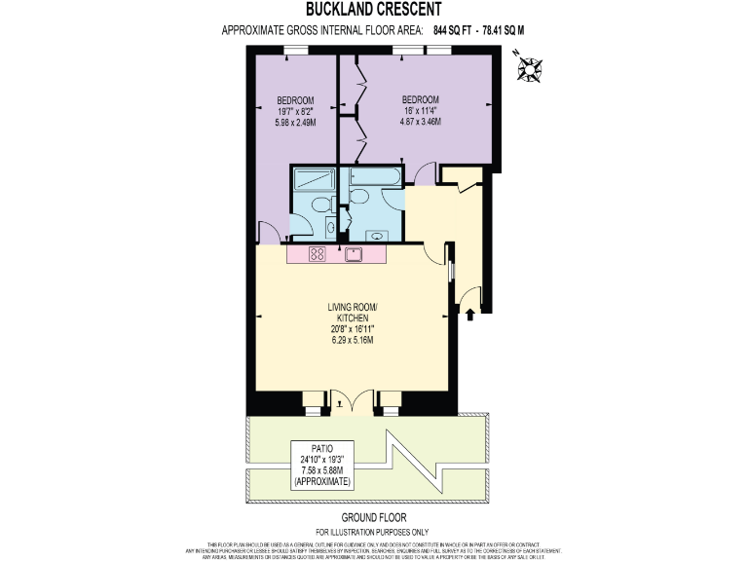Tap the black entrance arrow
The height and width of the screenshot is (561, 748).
pos(471,313)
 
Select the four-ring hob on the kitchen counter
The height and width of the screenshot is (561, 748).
pos(318,254)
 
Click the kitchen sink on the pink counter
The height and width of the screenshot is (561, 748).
pos(353,254)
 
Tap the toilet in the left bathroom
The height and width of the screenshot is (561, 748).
pos(329,226)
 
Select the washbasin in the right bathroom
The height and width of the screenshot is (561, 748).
pos(375,235)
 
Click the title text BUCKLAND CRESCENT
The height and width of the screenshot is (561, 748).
pos(374,11)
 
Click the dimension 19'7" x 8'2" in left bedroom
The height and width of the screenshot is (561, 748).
pos(294,111)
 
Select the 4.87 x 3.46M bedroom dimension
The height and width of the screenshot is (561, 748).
pos(421,122)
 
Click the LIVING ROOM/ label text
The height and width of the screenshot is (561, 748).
pos(353,308)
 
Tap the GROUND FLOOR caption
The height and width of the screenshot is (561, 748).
pos(373,517)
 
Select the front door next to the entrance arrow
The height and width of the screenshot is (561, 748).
pos(470,294)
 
